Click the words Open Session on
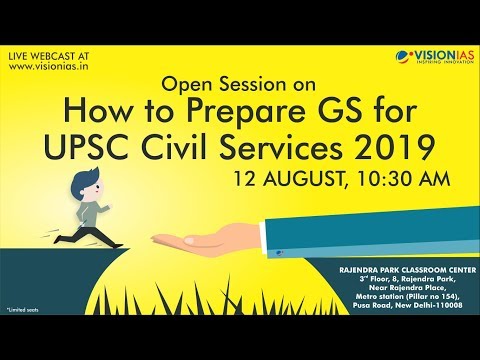[x=240, y=83]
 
